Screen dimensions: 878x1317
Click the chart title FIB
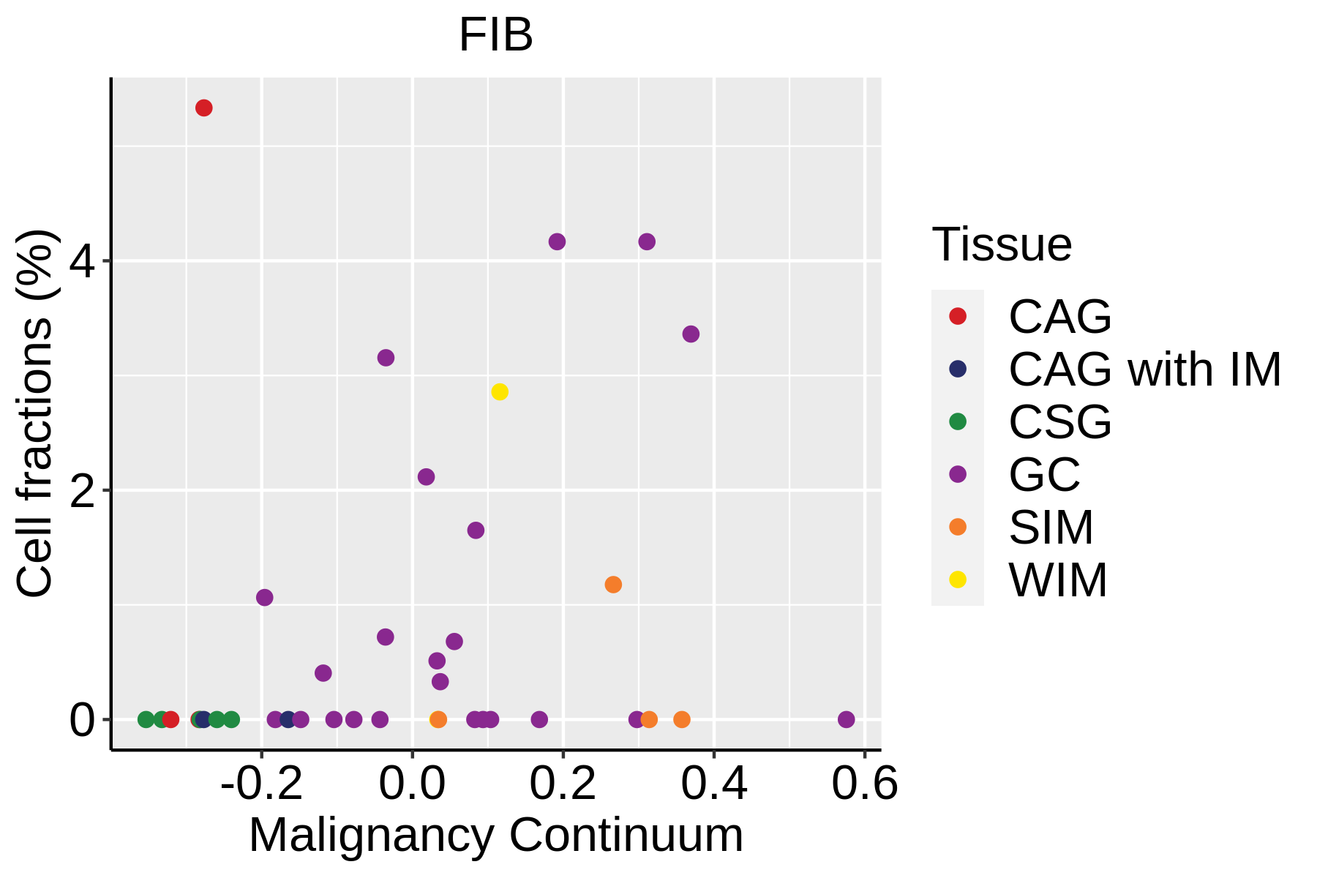point(495,35)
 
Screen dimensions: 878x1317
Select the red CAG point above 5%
point(204,108)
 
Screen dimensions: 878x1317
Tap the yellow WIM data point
point(500,392)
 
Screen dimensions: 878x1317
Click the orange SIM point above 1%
point(613,585)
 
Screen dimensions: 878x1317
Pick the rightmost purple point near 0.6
point(846,719)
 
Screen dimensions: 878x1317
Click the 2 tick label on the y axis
point(82,491)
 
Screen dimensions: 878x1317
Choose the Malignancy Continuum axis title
point(496,836)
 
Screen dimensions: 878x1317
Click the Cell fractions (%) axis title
point(35,413)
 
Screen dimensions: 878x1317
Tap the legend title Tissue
point(1002,244)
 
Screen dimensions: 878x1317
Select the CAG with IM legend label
point(1144,369)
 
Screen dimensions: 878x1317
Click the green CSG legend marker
point(957,421)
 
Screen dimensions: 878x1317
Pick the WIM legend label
point(1058,580)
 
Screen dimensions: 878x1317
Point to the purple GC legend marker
point(957,474)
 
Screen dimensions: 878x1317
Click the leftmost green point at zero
point(146,719)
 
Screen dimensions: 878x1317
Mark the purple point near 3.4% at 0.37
point(691,334)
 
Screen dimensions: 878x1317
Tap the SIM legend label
point(1051,528)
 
